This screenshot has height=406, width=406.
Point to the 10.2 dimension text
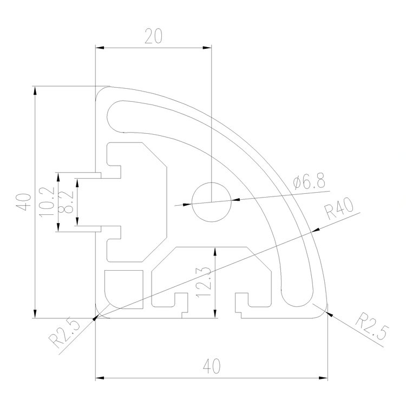click(x=47, y=202)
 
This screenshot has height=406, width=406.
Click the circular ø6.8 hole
click(x=212, y=201)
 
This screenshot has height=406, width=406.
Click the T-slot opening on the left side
click(x=108, y=202)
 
